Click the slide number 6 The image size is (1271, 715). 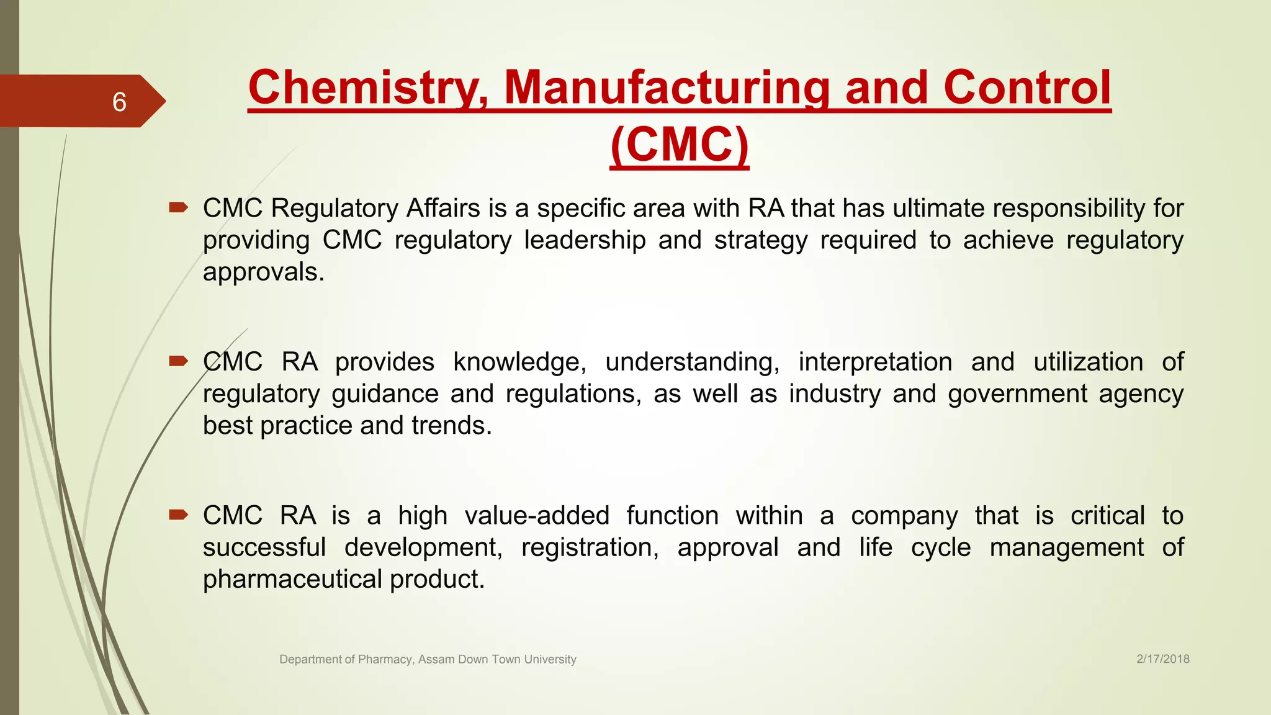tap(119, 102)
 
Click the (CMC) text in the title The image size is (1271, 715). tap(680, 145)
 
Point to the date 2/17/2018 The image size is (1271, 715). tap(1162, 659)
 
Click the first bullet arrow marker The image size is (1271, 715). tap(178, 208)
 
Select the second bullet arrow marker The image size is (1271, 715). tap(178, 361)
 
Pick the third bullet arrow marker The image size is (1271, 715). tap(178, 515)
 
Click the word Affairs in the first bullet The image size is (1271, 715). tap(443, 208)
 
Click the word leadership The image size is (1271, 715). tap(585, 240)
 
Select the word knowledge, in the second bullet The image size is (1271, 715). tap(519, 362)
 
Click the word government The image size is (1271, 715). tap(1017, 394)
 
